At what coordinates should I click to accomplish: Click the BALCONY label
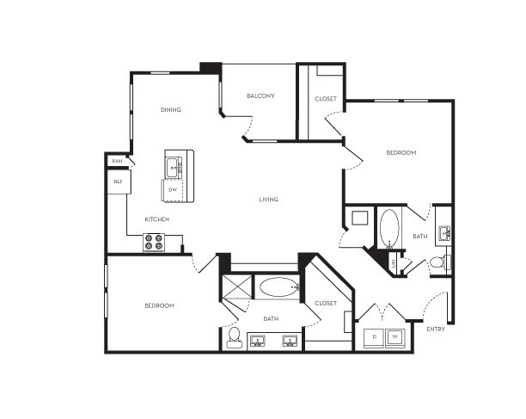click(260, 96)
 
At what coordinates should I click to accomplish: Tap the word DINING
click(171, 110)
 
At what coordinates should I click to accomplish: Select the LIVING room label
click(269, 200)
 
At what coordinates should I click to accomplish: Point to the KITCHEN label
click(157, 219)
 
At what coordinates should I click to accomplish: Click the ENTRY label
click(436, 330)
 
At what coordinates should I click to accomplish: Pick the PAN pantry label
click(117, 161)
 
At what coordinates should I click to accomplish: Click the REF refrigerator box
click(119, 182)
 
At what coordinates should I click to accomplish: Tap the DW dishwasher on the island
click(173, 190)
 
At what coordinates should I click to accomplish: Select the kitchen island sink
click(174, 167)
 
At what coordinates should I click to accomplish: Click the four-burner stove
click(154, 243)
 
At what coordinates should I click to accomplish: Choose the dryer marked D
click(375, 336)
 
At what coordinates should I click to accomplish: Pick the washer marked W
click(395, 336)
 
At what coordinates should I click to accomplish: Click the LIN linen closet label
click(394, 263)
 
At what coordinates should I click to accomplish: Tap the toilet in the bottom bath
click(234, 337)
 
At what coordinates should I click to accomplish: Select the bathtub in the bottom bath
click(279, 287)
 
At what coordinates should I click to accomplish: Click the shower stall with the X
click(237, 287)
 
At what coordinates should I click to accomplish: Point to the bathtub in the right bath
click(389, 228)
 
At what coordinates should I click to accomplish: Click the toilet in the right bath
click(440, 262)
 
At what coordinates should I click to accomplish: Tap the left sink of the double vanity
click(258, 341)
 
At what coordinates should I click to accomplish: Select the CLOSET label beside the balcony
click(326, 99)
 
